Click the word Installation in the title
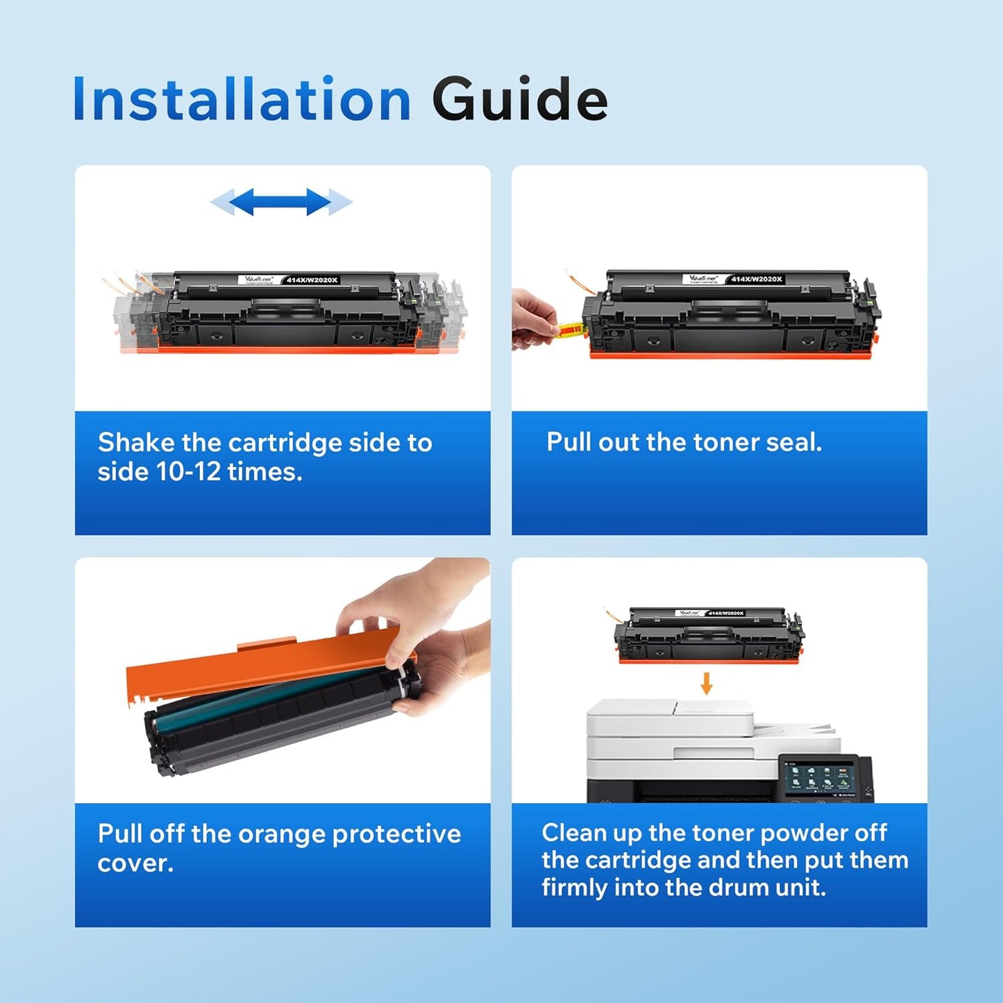click(x=242, y=100)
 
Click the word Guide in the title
click(x=519, y=100)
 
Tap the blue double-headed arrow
click(x=281, y=202)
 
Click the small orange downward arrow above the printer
click(x=706, y=683)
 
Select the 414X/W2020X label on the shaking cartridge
click(x=312, y=280)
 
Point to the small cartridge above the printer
click(x=708, y=635)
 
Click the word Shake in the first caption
click(x=136, y=442)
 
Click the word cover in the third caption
click(x=135, y=863)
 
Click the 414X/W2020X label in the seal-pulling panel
click(x=757, y=279)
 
